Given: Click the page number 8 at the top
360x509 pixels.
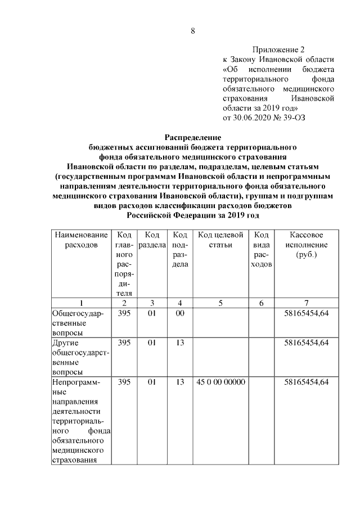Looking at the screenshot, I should coord(193,31).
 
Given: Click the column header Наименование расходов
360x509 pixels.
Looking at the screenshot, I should coord(80,240).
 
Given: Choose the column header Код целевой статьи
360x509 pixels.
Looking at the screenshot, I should coord(220,240).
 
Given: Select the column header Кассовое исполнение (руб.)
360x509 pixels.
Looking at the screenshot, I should coord(306,245).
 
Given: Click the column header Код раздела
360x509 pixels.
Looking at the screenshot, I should coord(151,240).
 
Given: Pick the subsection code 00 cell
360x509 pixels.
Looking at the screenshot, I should coord(179,313).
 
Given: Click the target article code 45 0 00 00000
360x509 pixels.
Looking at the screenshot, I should coord(220,382).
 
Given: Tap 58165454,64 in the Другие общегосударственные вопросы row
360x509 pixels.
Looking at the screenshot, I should coord(306,342).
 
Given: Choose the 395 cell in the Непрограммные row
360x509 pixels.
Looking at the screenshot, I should coord(124,382).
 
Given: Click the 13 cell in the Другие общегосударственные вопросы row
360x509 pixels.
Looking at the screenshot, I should coord(179,342).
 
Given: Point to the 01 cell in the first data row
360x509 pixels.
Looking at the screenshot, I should coord(151,313).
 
